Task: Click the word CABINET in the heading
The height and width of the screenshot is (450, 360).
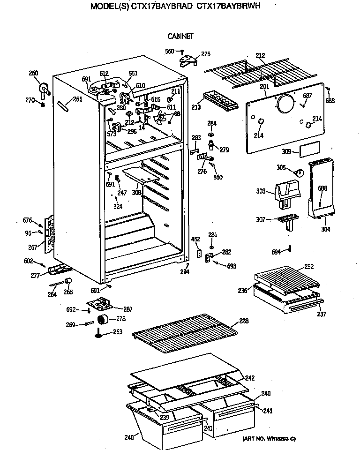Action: (x=180, y=36)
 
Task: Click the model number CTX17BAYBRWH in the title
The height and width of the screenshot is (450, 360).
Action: (x=231, y=7)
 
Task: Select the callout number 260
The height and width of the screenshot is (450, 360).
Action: (x=33, y=73)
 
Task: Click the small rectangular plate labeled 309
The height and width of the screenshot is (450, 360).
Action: (x=308, y=150)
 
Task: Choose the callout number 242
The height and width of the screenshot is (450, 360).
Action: (x=250, y=378)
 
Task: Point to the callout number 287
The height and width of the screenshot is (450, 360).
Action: (x=127, y=309)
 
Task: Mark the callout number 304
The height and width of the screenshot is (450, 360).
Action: (x=325, y=229)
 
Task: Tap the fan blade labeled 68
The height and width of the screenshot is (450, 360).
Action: (x=161, y=116)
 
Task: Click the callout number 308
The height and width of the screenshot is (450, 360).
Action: (x=136, y=192)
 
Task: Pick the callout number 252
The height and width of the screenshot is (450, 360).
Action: (x=309, y=266)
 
